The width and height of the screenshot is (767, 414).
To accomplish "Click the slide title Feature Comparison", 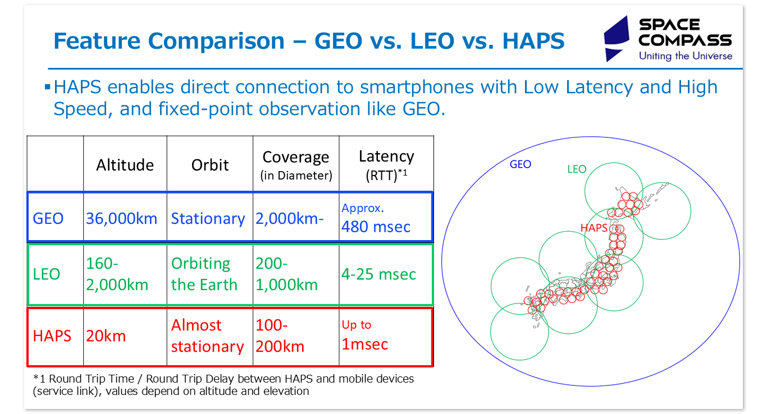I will tap(308, 42).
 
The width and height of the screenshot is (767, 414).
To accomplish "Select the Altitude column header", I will tap(125, 164).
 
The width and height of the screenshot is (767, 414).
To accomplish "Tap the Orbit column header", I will tap(210, 164).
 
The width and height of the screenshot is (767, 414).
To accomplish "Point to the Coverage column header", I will tap(296, 164).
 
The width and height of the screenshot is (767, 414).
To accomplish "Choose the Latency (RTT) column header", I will tap(386, 164).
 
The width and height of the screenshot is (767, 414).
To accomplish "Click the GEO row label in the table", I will tap(48, 218).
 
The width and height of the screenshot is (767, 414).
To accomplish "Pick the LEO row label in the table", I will tap(47, 274).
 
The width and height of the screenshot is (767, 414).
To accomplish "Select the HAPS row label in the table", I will tap(52, 335).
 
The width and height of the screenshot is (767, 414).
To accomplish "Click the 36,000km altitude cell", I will tap(122, 218).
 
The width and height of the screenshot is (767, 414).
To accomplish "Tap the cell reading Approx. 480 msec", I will tap(376, 218).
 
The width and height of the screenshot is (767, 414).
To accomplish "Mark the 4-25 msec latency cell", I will tap(378, 274).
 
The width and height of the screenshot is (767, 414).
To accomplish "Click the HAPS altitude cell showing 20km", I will tap(106, 335).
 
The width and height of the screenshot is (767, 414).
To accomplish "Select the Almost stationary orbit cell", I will tap(207, 335).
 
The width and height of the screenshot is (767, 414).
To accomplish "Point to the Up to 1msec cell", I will tap(365, 335).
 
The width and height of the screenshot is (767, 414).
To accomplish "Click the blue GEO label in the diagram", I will tap(520, 164).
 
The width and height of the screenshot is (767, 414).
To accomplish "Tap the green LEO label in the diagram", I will tap(577, 169).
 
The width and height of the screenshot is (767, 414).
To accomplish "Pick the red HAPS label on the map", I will tap(594, 228).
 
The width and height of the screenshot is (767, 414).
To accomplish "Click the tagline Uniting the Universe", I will tap(685, 56).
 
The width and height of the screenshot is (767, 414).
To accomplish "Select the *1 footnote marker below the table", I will tap(38, 379).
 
